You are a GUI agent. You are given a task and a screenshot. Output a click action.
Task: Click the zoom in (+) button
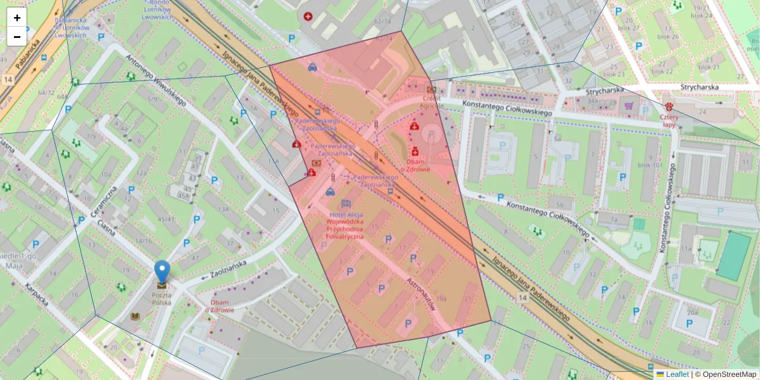(x=16, y=18)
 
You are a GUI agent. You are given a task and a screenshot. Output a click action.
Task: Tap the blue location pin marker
(x=162, y=272)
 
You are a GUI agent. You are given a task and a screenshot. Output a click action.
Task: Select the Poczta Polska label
(x=162, y=298)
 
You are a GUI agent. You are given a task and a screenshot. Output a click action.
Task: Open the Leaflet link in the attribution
(x=677, y=374)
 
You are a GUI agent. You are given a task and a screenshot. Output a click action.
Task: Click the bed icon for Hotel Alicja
(x=346, y=203)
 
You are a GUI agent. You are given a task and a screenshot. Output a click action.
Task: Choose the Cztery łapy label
(x=669, y=121)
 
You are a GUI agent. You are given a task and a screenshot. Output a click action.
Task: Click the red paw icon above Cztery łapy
(x=669, y=107)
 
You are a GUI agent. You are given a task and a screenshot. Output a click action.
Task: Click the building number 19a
(x=441, y=298)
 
